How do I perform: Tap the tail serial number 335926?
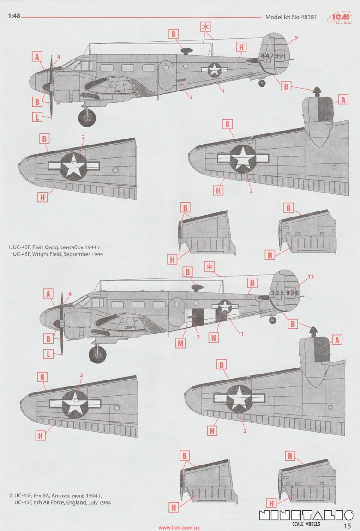click(285, 293)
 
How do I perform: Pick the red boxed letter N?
click(214, 338)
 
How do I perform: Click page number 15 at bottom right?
click(348, 525)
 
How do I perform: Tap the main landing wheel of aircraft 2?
click(97, 355)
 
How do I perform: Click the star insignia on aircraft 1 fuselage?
click(215, 70)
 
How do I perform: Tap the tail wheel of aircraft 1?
click(262, 84)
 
